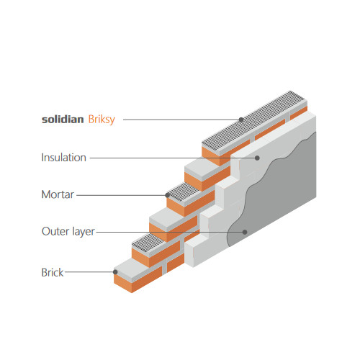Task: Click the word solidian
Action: (63, 120)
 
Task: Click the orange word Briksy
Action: (102, 120)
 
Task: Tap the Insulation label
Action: (63, 158)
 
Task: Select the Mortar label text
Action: (58, 194)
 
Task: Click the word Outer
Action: (55, 231)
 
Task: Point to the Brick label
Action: (53, 272)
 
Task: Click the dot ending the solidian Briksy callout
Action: (241, 120)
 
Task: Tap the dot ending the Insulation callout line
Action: (257, 158)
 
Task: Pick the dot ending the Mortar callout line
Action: (168, 195)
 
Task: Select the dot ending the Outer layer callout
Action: (245, 232)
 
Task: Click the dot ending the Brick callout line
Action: (115, 272)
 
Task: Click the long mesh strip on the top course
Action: (255, 122)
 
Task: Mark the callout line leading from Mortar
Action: (121, 195)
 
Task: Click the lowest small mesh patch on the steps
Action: (148, 243)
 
